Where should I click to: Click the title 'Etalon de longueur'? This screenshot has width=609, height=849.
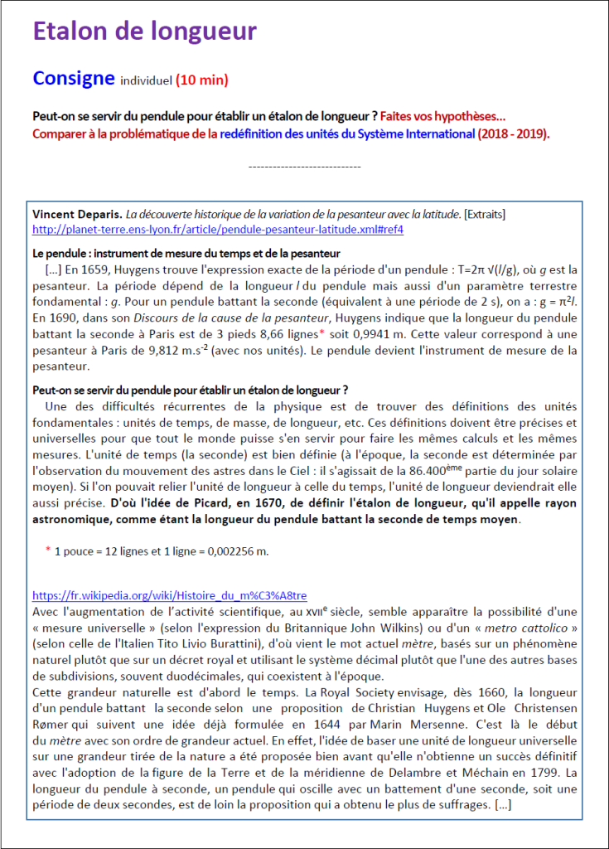coord(145,32)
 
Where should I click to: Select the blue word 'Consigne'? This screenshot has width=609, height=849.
coord(73,79)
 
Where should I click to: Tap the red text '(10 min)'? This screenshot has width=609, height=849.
coord(201,80)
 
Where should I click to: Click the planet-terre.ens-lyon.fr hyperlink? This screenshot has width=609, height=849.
coord(218,229)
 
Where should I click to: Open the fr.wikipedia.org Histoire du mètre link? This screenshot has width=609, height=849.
coord(170,595)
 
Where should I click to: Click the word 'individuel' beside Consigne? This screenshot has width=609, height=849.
coord(146,81)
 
